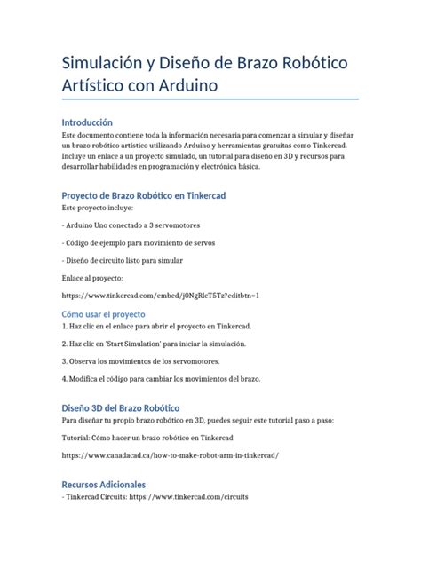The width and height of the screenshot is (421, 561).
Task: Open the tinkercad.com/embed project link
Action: point(161,295)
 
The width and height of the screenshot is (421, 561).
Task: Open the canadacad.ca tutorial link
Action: point(171,454)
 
